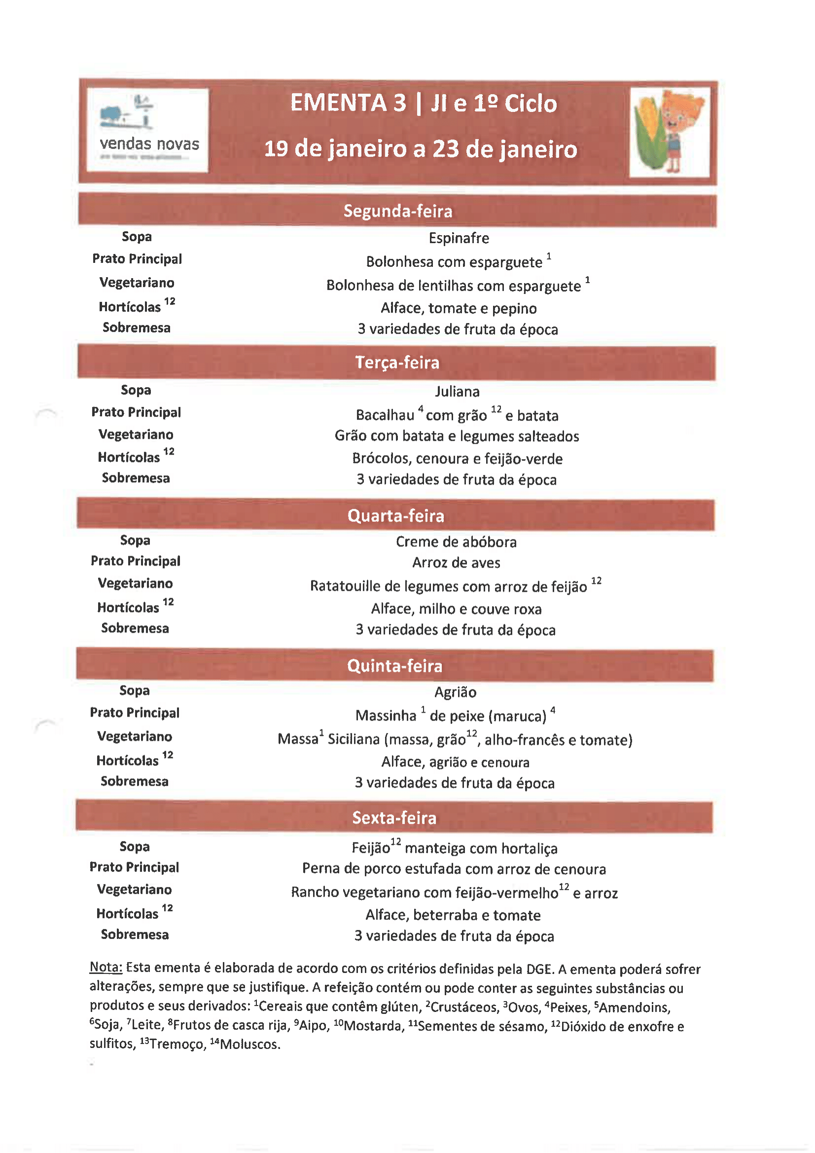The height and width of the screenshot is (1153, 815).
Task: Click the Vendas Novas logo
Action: pyautogui.click(x=147, y=130)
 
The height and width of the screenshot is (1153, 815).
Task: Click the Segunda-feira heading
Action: pyautogui.click(x=398, y=211)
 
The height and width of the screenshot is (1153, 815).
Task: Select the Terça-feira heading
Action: pyautogui.click(x=397, y=362)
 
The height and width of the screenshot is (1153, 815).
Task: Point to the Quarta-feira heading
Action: pyautogui.click(x=396, y=516)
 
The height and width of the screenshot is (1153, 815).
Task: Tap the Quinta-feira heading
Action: pyautogui.click(x=395, y=666)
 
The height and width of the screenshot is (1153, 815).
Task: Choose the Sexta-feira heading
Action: pyautogui.click(x=394, y=818)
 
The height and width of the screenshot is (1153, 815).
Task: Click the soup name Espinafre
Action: pyautogui.click(x=459, y=238)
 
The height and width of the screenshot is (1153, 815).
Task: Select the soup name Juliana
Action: pyautogui.click(x=457, y=391)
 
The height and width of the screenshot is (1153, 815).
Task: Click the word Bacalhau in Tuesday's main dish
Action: pyautogui.click(x=385, y=415)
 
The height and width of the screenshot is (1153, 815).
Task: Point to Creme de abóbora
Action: pyautogui.click(x=456, y=542)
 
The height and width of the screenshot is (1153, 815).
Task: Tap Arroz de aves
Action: pyautogui.click(x=456, y=563)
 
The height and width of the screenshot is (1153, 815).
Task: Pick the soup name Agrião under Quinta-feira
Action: pyautogui.click(x=455, y=692)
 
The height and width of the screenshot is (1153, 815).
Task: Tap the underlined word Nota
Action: pyautogui.click(x=106, y=967)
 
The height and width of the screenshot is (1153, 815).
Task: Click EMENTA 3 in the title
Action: pyautogui.click(x=348, y=104)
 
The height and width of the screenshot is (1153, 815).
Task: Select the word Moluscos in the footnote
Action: pyautogui.click(x=249, y=1044)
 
